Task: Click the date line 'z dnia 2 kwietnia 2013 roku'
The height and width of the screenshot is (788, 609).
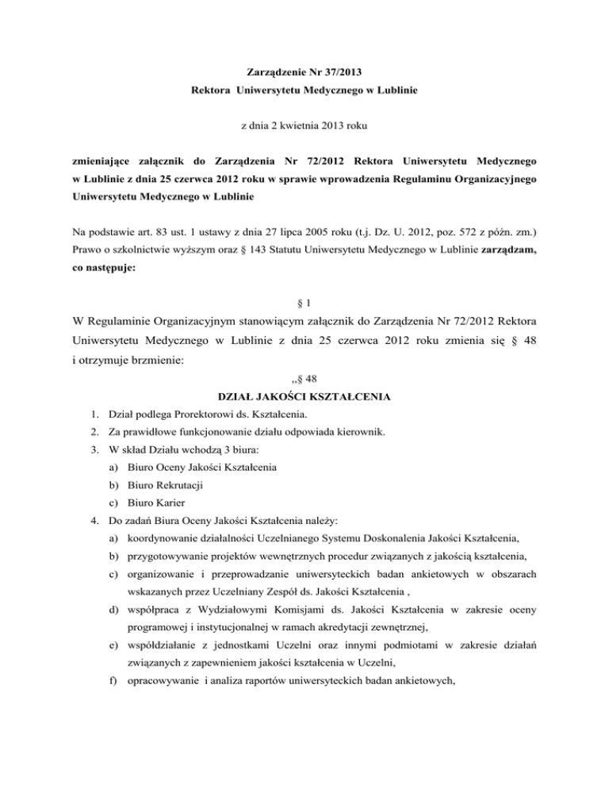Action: pos(304,125)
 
